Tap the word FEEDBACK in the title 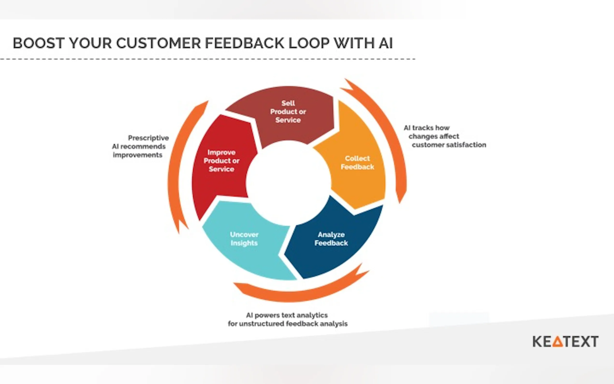coord(244,43)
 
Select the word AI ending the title coord(386,43)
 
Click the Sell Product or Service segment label coord(288,112)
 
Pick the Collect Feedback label coord(357,162)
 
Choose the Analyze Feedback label coord(331,239)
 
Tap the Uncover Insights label coord(244,239)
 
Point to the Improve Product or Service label coord(221,161)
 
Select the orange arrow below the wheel coord(300,292)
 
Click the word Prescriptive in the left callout coord(148,138)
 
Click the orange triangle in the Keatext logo coord(558,342)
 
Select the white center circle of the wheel coord(288,183)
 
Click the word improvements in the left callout coord(138,155)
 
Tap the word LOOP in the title coord(309,43)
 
